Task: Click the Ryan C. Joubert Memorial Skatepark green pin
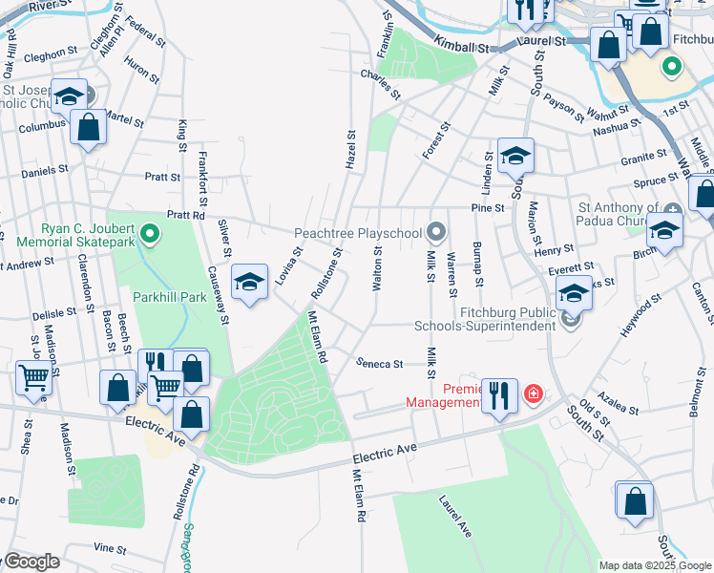pyautogui.click(x=150, y=233)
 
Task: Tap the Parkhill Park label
pyautogui.click(x=170, y=297)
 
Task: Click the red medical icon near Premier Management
pyautogui.click(x=533, y=393)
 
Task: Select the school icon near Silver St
pyautogui.click(x=249, y=282)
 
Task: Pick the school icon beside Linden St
pyautogui.click(x=515, y=154)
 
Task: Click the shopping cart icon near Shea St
pyautogui.click(x=34, y=376)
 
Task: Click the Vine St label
pyautogui.click(x=110, y=549)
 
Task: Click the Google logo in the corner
pyautogui.click(x=31, y=561)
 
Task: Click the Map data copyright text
pyautogui.click(x=655, y=565)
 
